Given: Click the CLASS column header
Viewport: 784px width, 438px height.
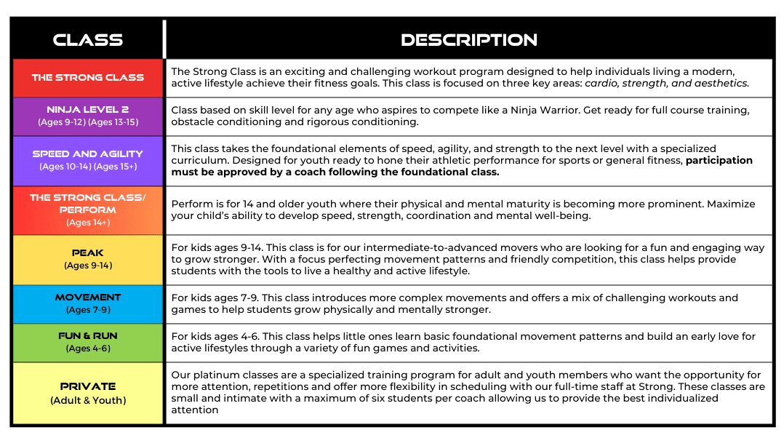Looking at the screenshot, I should point(88,39).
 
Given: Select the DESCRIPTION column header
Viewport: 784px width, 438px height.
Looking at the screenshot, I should point(468,39).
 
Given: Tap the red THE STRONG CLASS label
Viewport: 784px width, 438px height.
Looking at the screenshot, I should point(88,77).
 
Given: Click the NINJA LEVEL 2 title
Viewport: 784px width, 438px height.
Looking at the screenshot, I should point(88,109).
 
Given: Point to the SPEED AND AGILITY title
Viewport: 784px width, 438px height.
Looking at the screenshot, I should point(88,154).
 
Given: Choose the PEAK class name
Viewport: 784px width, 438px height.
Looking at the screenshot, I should point(88,252).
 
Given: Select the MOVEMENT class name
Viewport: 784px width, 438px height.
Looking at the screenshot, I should point(88,297).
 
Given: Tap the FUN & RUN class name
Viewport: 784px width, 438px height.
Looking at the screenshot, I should point(88,335).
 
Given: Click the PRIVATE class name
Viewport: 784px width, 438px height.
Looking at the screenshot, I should point(88,386).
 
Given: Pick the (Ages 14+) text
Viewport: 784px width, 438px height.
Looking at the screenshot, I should point(88,223).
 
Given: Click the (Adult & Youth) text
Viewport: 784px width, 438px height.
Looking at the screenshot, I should point(88,400).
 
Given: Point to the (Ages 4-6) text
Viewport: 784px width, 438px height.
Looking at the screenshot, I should point(88,349).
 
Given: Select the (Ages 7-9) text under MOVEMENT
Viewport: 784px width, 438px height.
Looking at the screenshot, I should point(88,310).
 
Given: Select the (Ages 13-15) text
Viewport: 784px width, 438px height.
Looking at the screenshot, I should point(113,122).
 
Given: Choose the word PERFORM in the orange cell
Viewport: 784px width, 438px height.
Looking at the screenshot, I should point(88,210).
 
